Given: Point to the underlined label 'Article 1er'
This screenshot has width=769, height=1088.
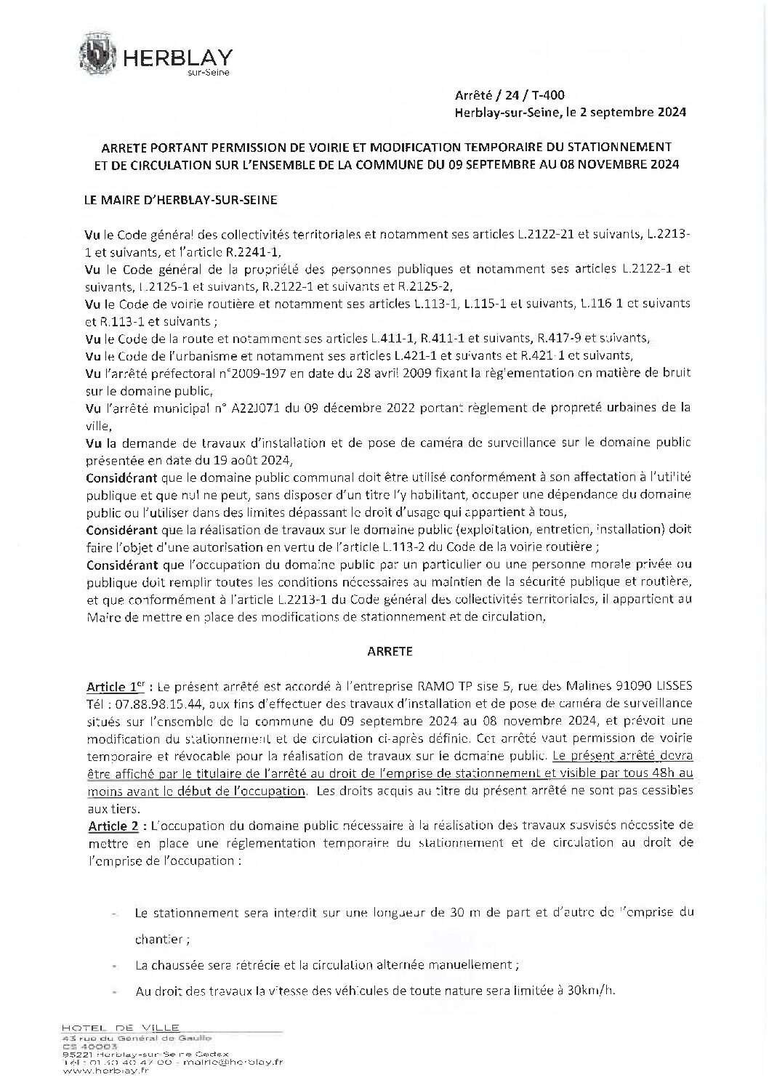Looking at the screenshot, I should pyautogui.click(x=113, y=686).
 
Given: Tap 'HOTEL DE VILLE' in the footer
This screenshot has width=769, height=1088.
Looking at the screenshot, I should pyautogui.click(x=110, y=1028).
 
